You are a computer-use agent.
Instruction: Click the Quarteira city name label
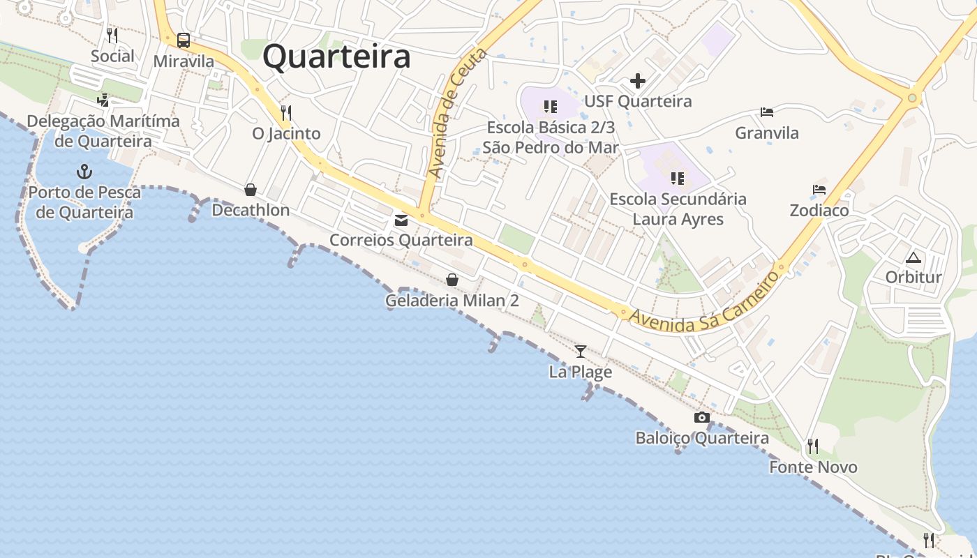(336, 56)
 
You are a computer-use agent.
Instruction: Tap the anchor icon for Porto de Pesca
(84, 171)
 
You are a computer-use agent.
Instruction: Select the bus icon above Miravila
(184, 40)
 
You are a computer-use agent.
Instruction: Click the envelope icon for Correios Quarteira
(401, 220)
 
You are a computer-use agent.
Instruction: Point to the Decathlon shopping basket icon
(251, 190)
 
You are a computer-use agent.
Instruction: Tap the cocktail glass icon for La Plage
(580, 351)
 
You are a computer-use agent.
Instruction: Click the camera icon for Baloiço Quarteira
(702, 418)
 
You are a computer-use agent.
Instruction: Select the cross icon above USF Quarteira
(638, 82)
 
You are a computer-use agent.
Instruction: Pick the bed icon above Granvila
(767, 112)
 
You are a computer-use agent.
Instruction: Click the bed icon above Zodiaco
(819, 190)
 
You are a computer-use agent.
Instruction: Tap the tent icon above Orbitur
(913, 257)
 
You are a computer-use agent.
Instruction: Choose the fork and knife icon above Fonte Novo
(812, 446)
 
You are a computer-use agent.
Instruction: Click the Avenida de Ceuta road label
(448, 123)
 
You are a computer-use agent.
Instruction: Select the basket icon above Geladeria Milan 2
(452, 280)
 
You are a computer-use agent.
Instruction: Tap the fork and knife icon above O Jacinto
(285, 112)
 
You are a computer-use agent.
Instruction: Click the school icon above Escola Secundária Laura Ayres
(677, 179)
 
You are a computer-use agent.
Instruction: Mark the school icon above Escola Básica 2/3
(551, 107)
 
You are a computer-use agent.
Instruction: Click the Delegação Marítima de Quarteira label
(103, 131)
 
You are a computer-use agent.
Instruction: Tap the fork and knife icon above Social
(112, 35)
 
